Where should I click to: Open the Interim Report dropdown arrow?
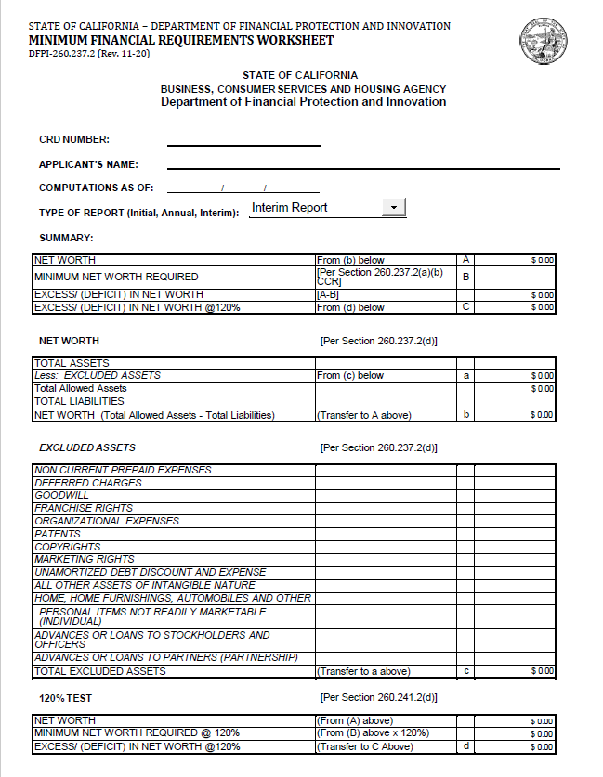(394, 208)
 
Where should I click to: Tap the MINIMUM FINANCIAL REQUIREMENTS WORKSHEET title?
(181, 41)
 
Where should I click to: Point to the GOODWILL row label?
(61, 496)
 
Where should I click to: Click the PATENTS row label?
(58, 535)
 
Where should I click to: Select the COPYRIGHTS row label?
(67, 548)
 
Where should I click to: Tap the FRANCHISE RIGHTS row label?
(84, 509)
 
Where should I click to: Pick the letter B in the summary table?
(465, 277)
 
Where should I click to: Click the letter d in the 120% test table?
(465, 746)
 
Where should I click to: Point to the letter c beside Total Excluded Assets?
(465, 671)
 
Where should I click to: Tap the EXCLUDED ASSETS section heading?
(87, 448)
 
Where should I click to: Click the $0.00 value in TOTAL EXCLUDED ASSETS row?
(542, 671)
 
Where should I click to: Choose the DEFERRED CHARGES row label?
(88, 483)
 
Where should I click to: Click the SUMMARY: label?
(66, 239)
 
